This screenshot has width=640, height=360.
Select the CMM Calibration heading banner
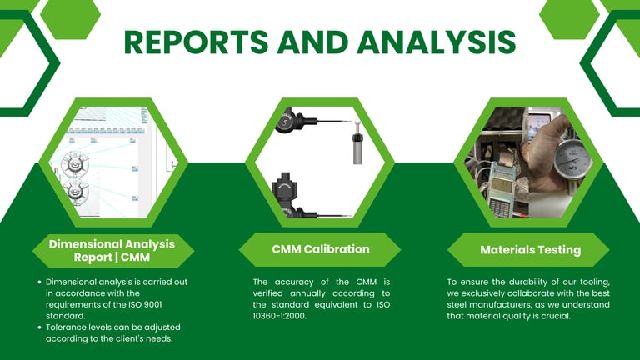point(320,249)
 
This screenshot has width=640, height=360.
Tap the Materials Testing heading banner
point(530,250)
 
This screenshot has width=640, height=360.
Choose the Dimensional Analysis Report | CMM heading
point(112,250)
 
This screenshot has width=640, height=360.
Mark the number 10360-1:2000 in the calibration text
point(280,317)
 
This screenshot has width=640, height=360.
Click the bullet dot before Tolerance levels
point(40,327)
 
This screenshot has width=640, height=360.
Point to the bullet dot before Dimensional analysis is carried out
point(40,282)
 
